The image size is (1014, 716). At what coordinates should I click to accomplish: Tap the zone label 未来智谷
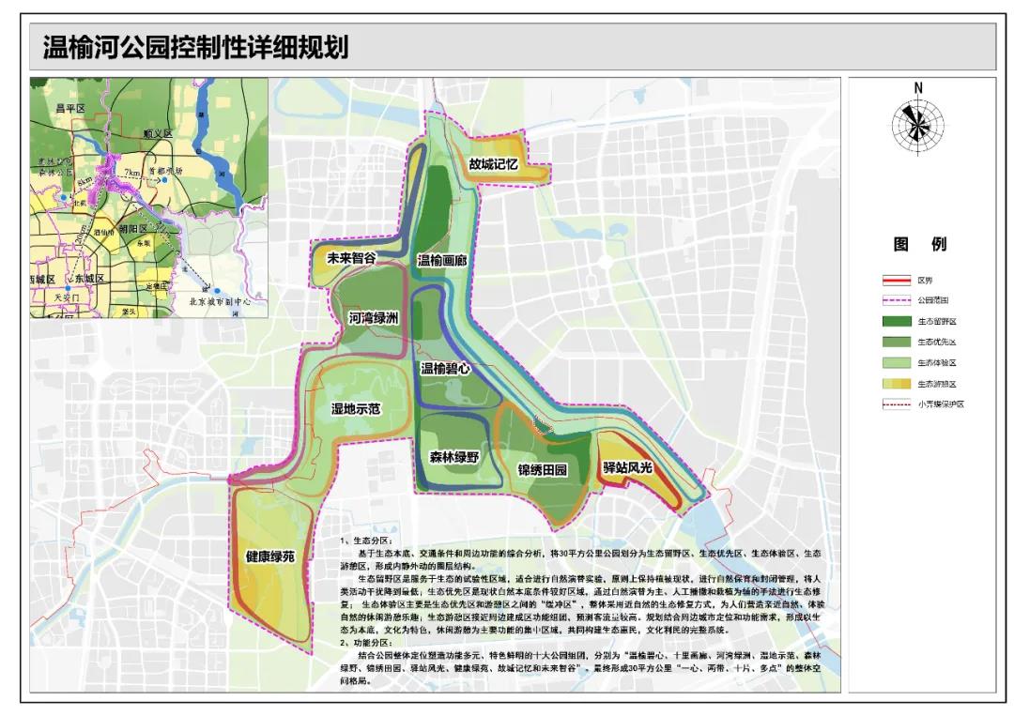[x=351, y=258]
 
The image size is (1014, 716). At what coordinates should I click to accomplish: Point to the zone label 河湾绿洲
[x=374, y=319]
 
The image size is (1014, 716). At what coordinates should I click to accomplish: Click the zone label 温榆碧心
[x=445, y=369]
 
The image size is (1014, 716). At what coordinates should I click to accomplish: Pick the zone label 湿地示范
[x=355, y=409]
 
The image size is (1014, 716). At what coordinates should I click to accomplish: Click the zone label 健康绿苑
[x=270, y=556]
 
